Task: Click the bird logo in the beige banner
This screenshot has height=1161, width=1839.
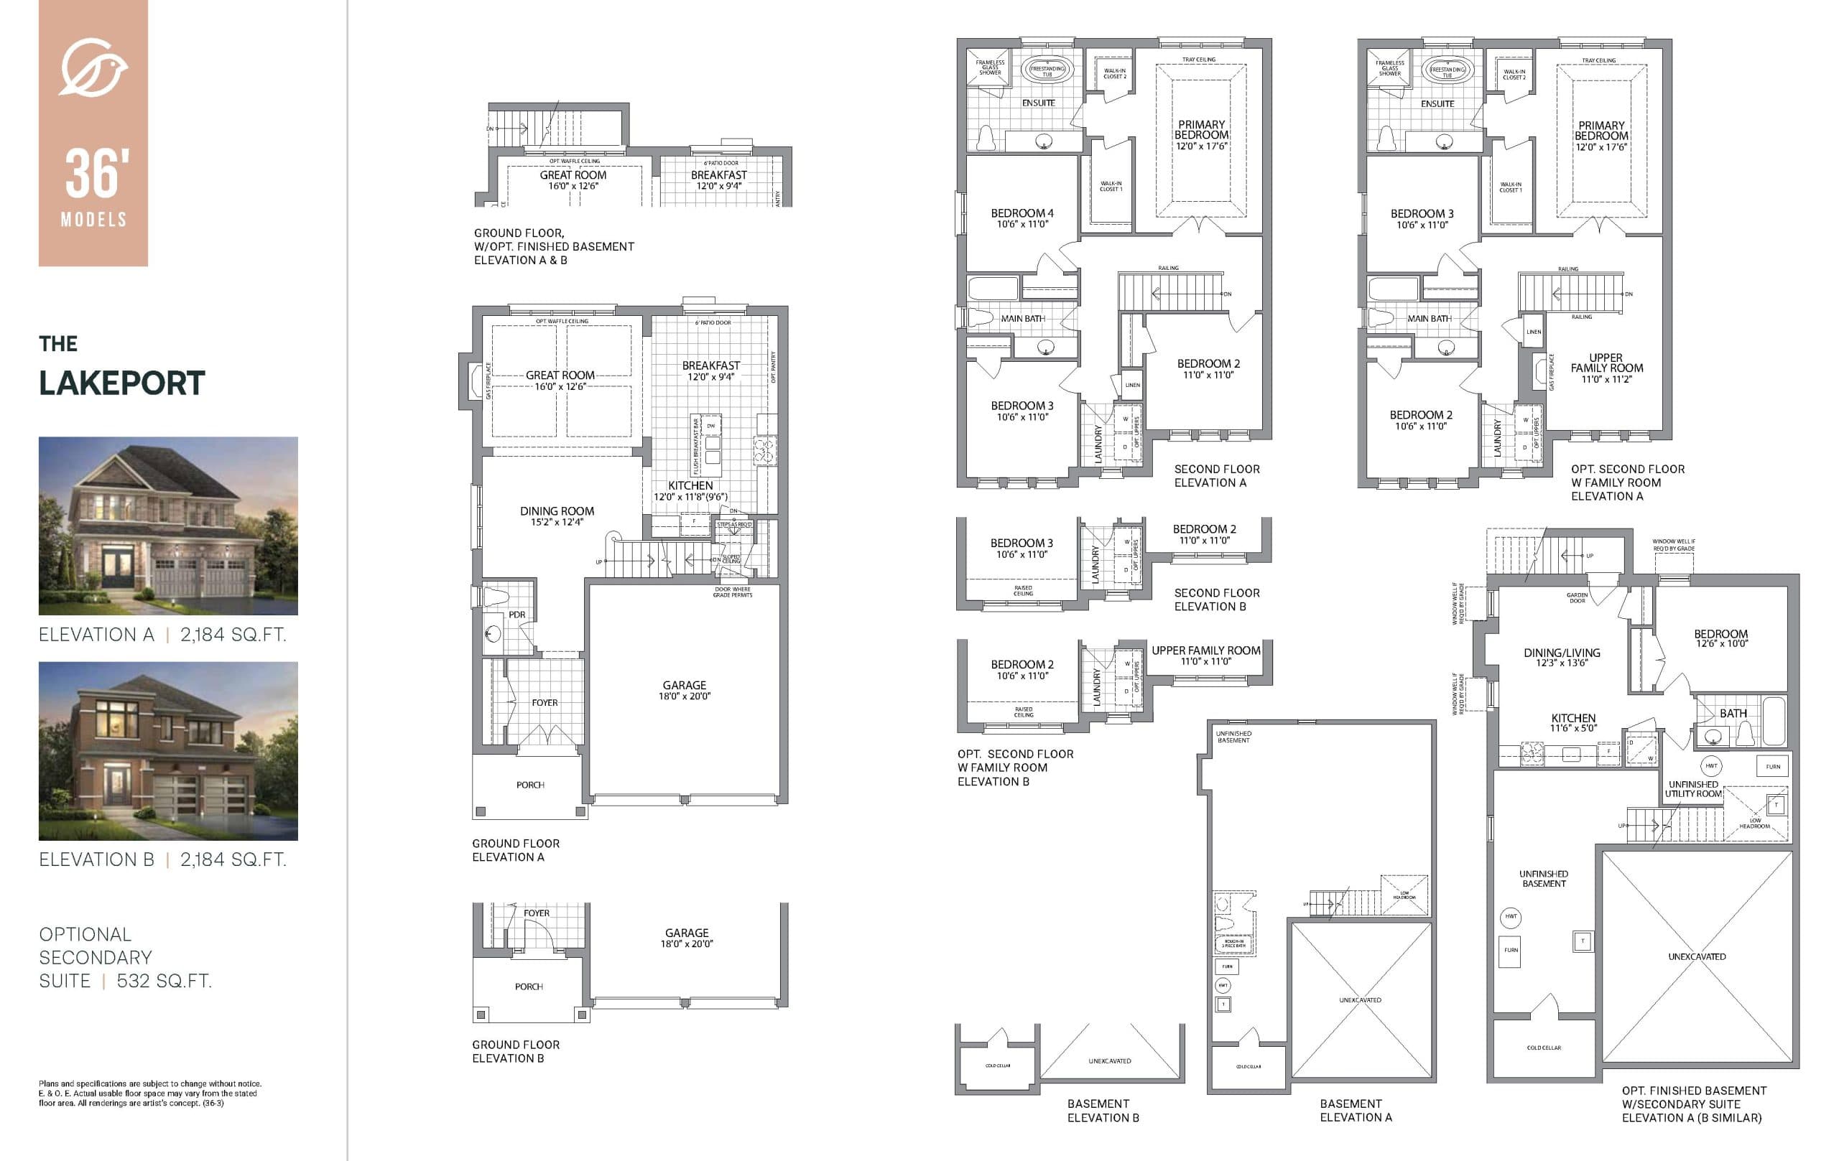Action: [93, 67]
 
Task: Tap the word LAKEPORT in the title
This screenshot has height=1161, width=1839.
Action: [122, 383]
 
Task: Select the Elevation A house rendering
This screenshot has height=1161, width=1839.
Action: [168, 525]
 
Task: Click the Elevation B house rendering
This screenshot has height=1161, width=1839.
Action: [168, 750]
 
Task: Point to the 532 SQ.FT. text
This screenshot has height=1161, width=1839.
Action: [164, 981]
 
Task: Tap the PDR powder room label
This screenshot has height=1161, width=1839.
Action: [517, 615]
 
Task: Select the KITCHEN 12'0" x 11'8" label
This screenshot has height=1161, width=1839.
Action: [690, 491]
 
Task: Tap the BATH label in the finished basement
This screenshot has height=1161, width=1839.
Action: [1733, 713]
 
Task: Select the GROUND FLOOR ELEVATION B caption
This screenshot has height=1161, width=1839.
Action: [516, 1051]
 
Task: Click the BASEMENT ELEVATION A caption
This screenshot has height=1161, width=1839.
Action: [1355, 1110]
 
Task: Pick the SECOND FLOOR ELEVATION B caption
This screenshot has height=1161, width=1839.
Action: [1217, 600]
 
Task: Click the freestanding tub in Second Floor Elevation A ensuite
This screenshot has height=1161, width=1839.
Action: [1047, 70]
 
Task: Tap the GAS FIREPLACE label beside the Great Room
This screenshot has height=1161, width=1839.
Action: [488, 381]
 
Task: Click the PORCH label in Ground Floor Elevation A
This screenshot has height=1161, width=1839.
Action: [530, 785]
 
